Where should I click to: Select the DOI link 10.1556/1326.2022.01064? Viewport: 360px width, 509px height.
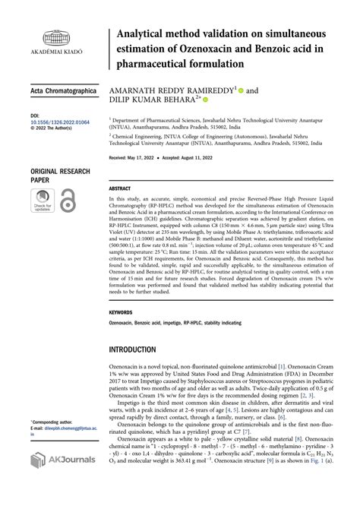(x=62, y=122)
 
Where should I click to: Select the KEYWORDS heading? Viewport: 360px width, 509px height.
(x=122, y=312)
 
